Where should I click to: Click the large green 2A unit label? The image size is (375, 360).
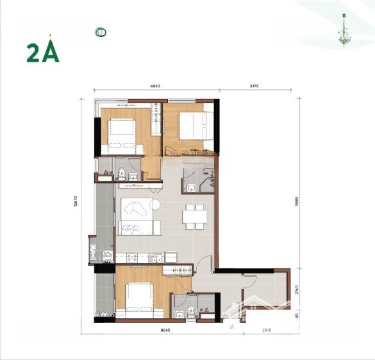coord(43,53)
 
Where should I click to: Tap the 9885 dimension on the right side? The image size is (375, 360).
coord(296,199)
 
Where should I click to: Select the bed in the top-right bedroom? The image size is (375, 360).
coord(190,125)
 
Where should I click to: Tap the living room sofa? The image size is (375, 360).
coord(136,228)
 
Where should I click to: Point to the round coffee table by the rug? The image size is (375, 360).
coord(156,206)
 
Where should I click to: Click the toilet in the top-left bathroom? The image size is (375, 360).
coord(121,172)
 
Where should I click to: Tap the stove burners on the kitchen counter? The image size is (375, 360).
coord(133,257)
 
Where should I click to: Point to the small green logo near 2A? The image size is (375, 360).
coord(100,32)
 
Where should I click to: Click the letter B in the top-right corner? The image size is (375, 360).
coord(344,16)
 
